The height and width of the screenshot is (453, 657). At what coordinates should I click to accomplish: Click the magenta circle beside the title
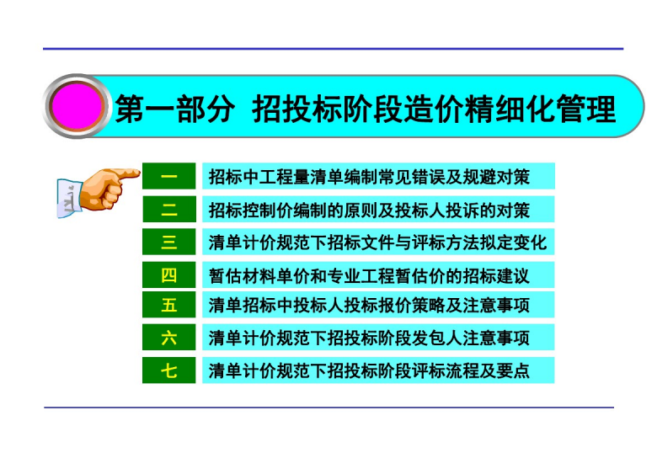(x=77, y=106)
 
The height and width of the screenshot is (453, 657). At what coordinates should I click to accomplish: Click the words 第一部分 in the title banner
(x=174, y=109)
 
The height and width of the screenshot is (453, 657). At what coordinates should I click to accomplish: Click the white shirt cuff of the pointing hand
(x=69, y=198)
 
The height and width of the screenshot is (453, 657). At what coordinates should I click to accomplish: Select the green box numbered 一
(x=168, y=176)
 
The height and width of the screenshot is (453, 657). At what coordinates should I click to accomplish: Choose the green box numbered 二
(x=168, y=209)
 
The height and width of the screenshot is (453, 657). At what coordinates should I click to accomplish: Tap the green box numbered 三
(x=168, y=242)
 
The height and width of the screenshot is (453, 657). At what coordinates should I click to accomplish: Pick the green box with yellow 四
(x=168, y=274)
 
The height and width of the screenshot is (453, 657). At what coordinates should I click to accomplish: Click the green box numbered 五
(x=168, y=304)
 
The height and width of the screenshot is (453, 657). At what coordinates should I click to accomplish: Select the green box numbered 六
(x=168, y=337)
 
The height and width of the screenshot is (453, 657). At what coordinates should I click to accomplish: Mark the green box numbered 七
(x=168, y=370)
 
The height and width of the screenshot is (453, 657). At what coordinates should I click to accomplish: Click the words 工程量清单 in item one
(x=302, y=177)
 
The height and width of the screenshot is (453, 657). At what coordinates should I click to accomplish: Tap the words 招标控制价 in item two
(x=251, y=210)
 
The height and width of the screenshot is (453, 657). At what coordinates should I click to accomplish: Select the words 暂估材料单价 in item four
(x=259, y=275)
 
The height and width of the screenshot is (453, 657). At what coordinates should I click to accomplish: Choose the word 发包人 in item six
(x=437, y=338)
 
